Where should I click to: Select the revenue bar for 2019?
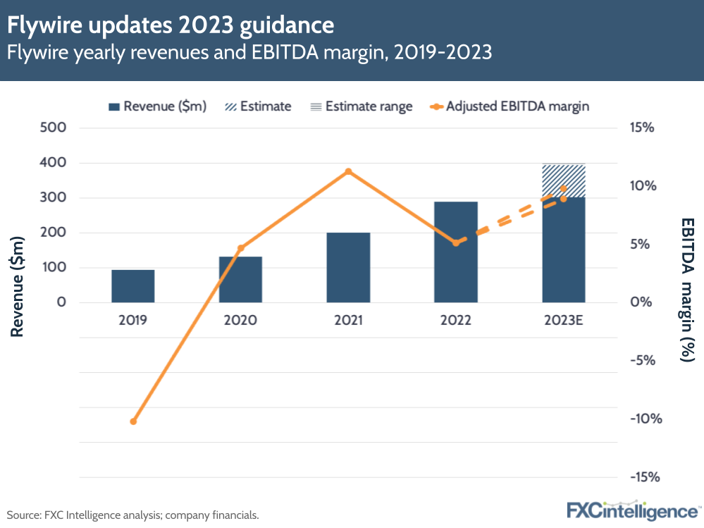133,286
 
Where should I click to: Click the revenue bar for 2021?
348,267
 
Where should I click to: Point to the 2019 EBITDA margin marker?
133,421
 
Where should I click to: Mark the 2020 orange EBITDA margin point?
241,248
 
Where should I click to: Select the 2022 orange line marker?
456,242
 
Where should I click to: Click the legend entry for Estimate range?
362,106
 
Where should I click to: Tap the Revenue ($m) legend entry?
157,106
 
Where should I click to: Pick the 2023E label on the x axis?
564,320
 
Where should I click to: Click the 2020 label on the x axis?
241,320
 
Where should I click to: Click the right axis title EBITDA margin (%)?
687,289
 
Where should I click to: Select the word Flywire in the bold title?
42,26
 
